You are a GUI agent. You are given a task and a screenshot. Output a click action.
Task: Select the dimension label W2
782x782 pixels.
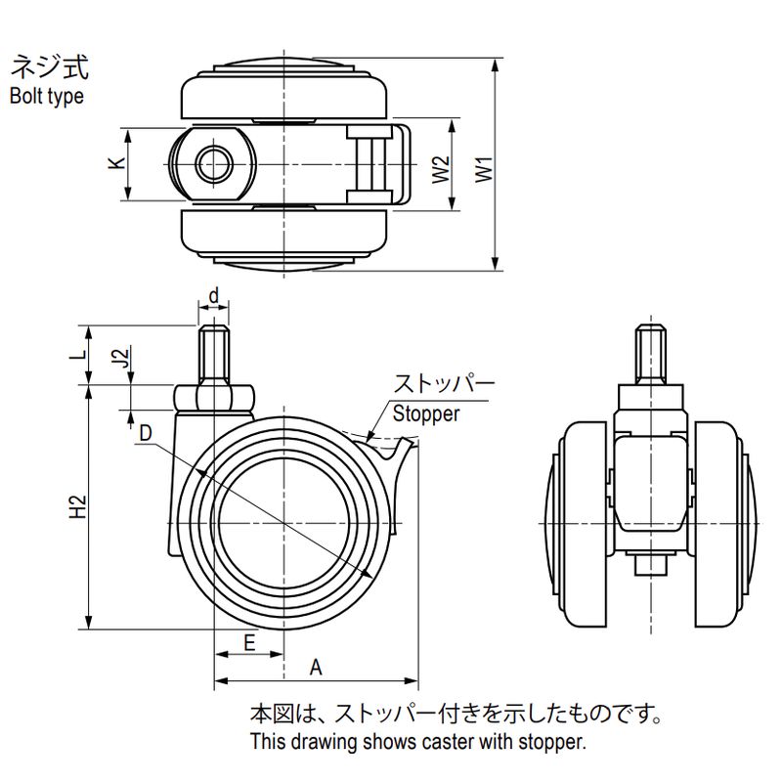pyautogui.click(x=441, y=168)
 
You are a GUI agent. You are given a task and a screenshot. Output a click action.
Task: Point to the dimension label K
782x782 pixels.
pyautogui.click(x=115, y=164)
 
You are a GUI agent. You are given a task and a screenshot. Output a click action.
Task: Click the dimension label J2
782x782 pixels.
pyautogui.click(x=119, y=359)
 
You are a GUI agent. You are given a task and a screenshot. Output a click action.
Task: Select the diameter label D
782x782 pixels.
pyautogui.click(x=145, y=432)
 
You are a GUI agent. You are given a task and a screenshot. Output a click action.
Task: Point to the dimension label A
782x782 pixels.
pyautogui.click(x=315, y=668)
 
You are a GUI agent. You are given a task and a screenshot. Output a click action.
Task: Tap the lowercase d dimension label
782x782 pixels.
pyautogui.click(x=213, y=293)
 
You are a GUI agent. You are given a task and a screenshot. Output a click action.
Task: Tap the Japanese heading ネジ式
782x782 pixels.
pyautogui.click(x=49, y=68)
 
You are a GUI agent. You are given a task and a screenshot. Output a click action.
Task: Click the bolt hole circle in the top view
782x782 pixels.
pyautogui.click(x=214, y=165)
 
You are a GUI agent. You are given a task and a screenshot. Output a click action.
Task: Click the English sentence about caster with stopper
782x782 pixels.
pyautogui.click(x=417, y=741)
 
